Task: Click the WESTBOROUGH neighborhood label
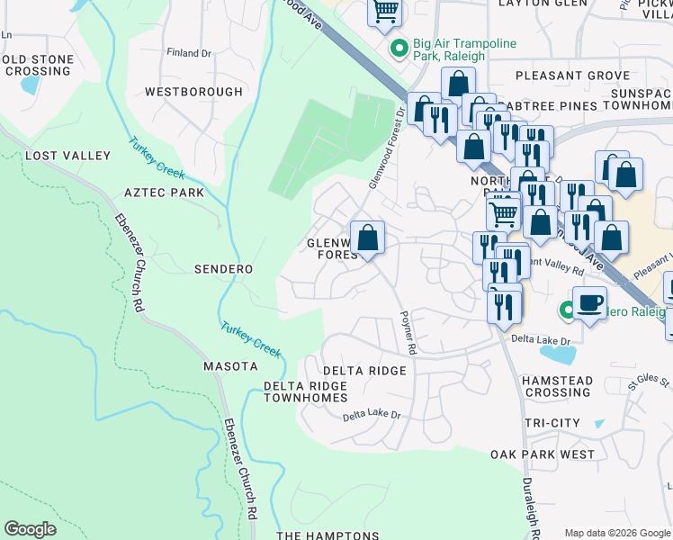(193, 92)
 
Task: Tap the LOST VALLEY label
(67, 156)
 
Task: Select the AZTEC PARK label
(164, 193)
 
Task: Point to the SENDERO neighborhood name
(223, 269)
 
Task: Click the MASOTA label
(230, 366)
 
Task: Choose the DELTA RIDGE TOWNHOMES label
(305, 391)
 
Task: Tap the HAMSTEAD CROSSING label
(558, 387)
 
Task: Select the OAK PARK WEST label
(543, 454)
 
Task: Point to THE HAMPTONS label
(328, 535)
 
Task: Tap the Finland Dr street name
(188, 53)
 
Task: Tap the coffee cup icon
(589, 302)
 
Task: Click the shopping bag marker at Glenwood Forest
(367, 238)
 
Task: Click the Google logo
(31, 529)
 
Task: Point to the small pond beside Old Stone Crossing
(29, 86)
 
